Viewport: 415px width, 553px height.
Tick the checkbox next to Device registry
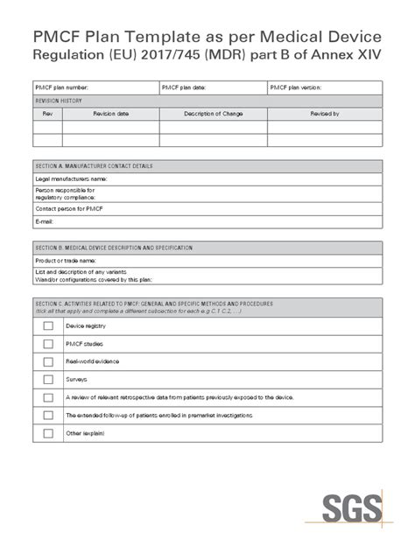[47, 325]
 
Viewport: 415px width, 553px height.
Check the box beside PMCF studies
[47, 344]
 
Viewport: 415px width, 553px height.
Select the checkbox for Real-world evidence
[47, 361]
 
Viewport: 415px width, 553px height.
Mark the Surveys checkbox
[47, 380]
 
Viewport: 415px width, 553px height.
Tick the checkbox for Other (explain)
[47, 433]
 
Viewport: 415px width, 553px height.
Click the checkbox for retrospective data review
[47, 397]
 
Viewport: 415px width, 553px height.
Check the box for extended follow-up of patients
[47, 416]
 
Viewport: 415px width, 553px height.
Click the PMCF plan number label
[61, 87]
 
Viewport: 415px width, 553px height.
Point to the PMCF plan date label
[185, 87]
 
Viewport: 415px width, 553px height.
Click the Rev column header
[47, 114]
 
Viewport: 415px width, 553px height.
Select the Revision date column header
[110, 114]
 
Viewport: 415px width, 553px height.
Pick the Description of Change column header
[214, 114]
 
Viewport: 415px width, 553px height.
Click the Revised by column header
[324, 114]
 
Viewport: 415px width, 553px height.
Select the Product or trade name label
[64, 260]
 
